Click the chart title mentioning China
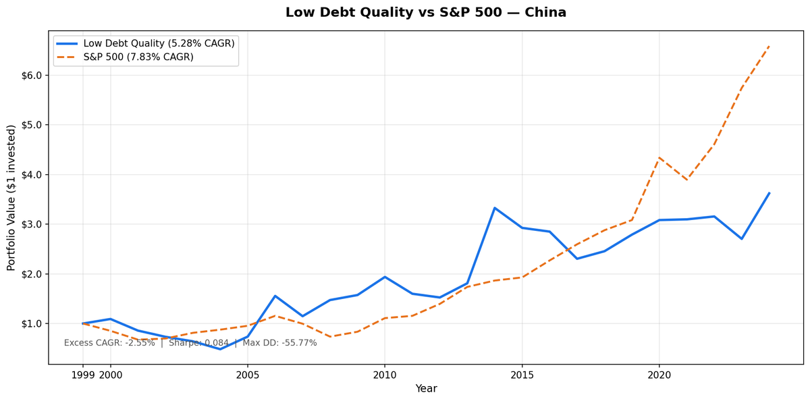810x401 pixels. [x=425, y=13]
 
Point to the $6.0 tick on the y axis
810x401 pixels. [x=30, y=76]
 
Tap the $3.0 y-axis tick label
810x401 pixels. [x=30, y=224]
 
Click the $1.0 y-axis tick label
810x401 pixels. [x=30, y=323]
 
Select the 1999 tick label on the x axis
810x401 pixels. [x=83, y=375]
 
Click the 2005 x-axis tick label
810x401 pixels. [x=248, y=375]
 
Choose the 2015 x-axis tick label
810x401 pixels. [x=522, y=375]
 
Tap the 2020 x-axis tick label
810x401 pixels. [x=659, y=375]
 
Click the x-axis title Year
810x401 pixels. [x=426, y=389]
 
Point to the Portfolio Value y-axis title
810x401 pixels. [x=11, y=197]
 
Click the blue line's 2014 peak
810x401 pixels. [x=495, y=208]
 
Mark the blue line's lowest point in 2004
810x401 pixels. [x=220, y=349]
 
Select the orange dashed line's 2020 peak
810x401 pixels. [x=659, y=158]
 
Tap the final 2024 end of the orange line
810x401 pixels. [x=769, y=46]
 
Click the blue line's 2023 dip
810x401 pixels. [x=741, y=238]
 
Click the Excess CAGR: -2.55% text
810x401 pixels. [x=109, y=343]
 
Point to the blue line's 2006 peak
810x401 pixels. [x=275, y=296]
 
